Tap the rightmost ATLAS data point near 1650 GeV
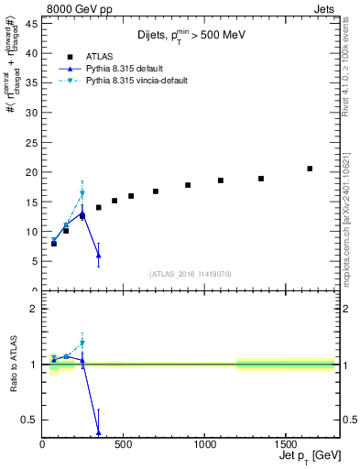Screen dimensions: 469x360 coord(310,169)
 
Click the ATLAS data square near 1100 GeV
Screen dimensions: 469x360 coord(221,180)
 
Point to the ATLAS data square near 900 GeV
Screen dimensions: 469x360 coord(188,185)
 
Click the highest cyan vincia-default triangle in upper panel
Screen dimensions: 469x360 coord(82,194)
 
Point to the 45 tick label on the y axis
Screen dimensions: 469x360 coord(30,24)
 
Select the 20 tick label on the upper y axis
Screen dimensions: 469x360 coord(30,172)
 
